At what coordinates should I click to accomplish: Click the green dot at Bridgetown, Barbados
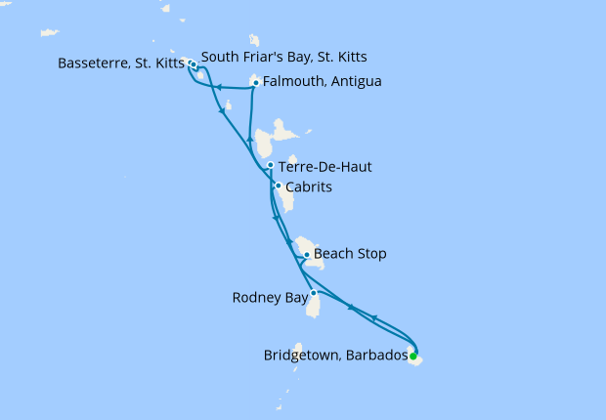point(412,356)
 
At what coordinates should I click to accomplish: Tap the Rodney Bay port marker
point(313,293)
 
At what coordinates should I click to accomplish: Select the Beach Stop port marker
point(307,255)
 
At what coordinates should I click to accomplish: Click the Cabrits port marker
point(278,186)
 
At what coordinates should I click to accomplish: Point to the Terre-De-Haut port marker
point(270,166)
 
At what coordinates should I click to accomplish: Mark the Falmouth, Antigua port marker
point(255,83)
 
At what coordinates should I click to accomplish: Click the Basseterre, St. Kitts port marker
point(192,64)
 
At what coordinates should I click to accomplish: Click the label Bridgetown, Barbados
point(335,356)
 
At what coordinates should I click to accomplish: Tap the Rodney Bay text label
point(269,297)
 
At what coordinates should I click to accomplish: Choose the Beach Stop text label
point(350,254)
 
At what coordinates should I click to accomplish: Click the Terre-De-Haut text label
point(325,167)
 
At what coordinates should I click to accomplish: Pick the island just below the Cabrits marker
point(285,198)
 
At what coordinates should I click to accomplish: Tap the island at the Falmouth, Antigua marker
point(258,78)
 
